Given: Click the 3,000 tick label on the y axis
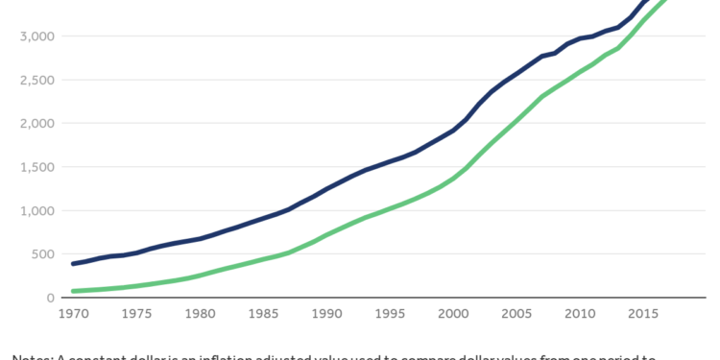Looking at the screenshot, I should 34,36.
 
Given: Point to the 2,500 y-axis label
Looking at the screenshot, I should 34,80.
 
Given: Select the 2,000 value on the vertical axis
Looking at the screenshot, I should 34,124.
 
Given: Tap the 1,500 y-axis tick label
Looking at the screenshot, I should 34,167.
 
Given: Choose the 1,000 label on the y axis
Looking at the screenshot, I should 34,211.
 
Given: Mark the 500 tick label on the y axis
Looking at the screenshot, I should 39,254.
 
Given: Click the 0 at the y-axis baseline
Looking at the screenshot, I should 49,299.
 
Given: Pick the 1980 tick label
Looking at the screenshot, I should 202,314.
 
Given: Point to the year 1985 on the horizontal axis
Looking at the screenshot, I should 266,314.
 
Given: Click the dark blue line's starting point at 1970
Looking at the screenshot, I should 73,264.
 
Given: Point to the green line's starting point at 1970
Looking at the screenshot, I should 73,291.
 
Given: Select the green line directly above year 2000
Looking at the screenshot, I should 454,178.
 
